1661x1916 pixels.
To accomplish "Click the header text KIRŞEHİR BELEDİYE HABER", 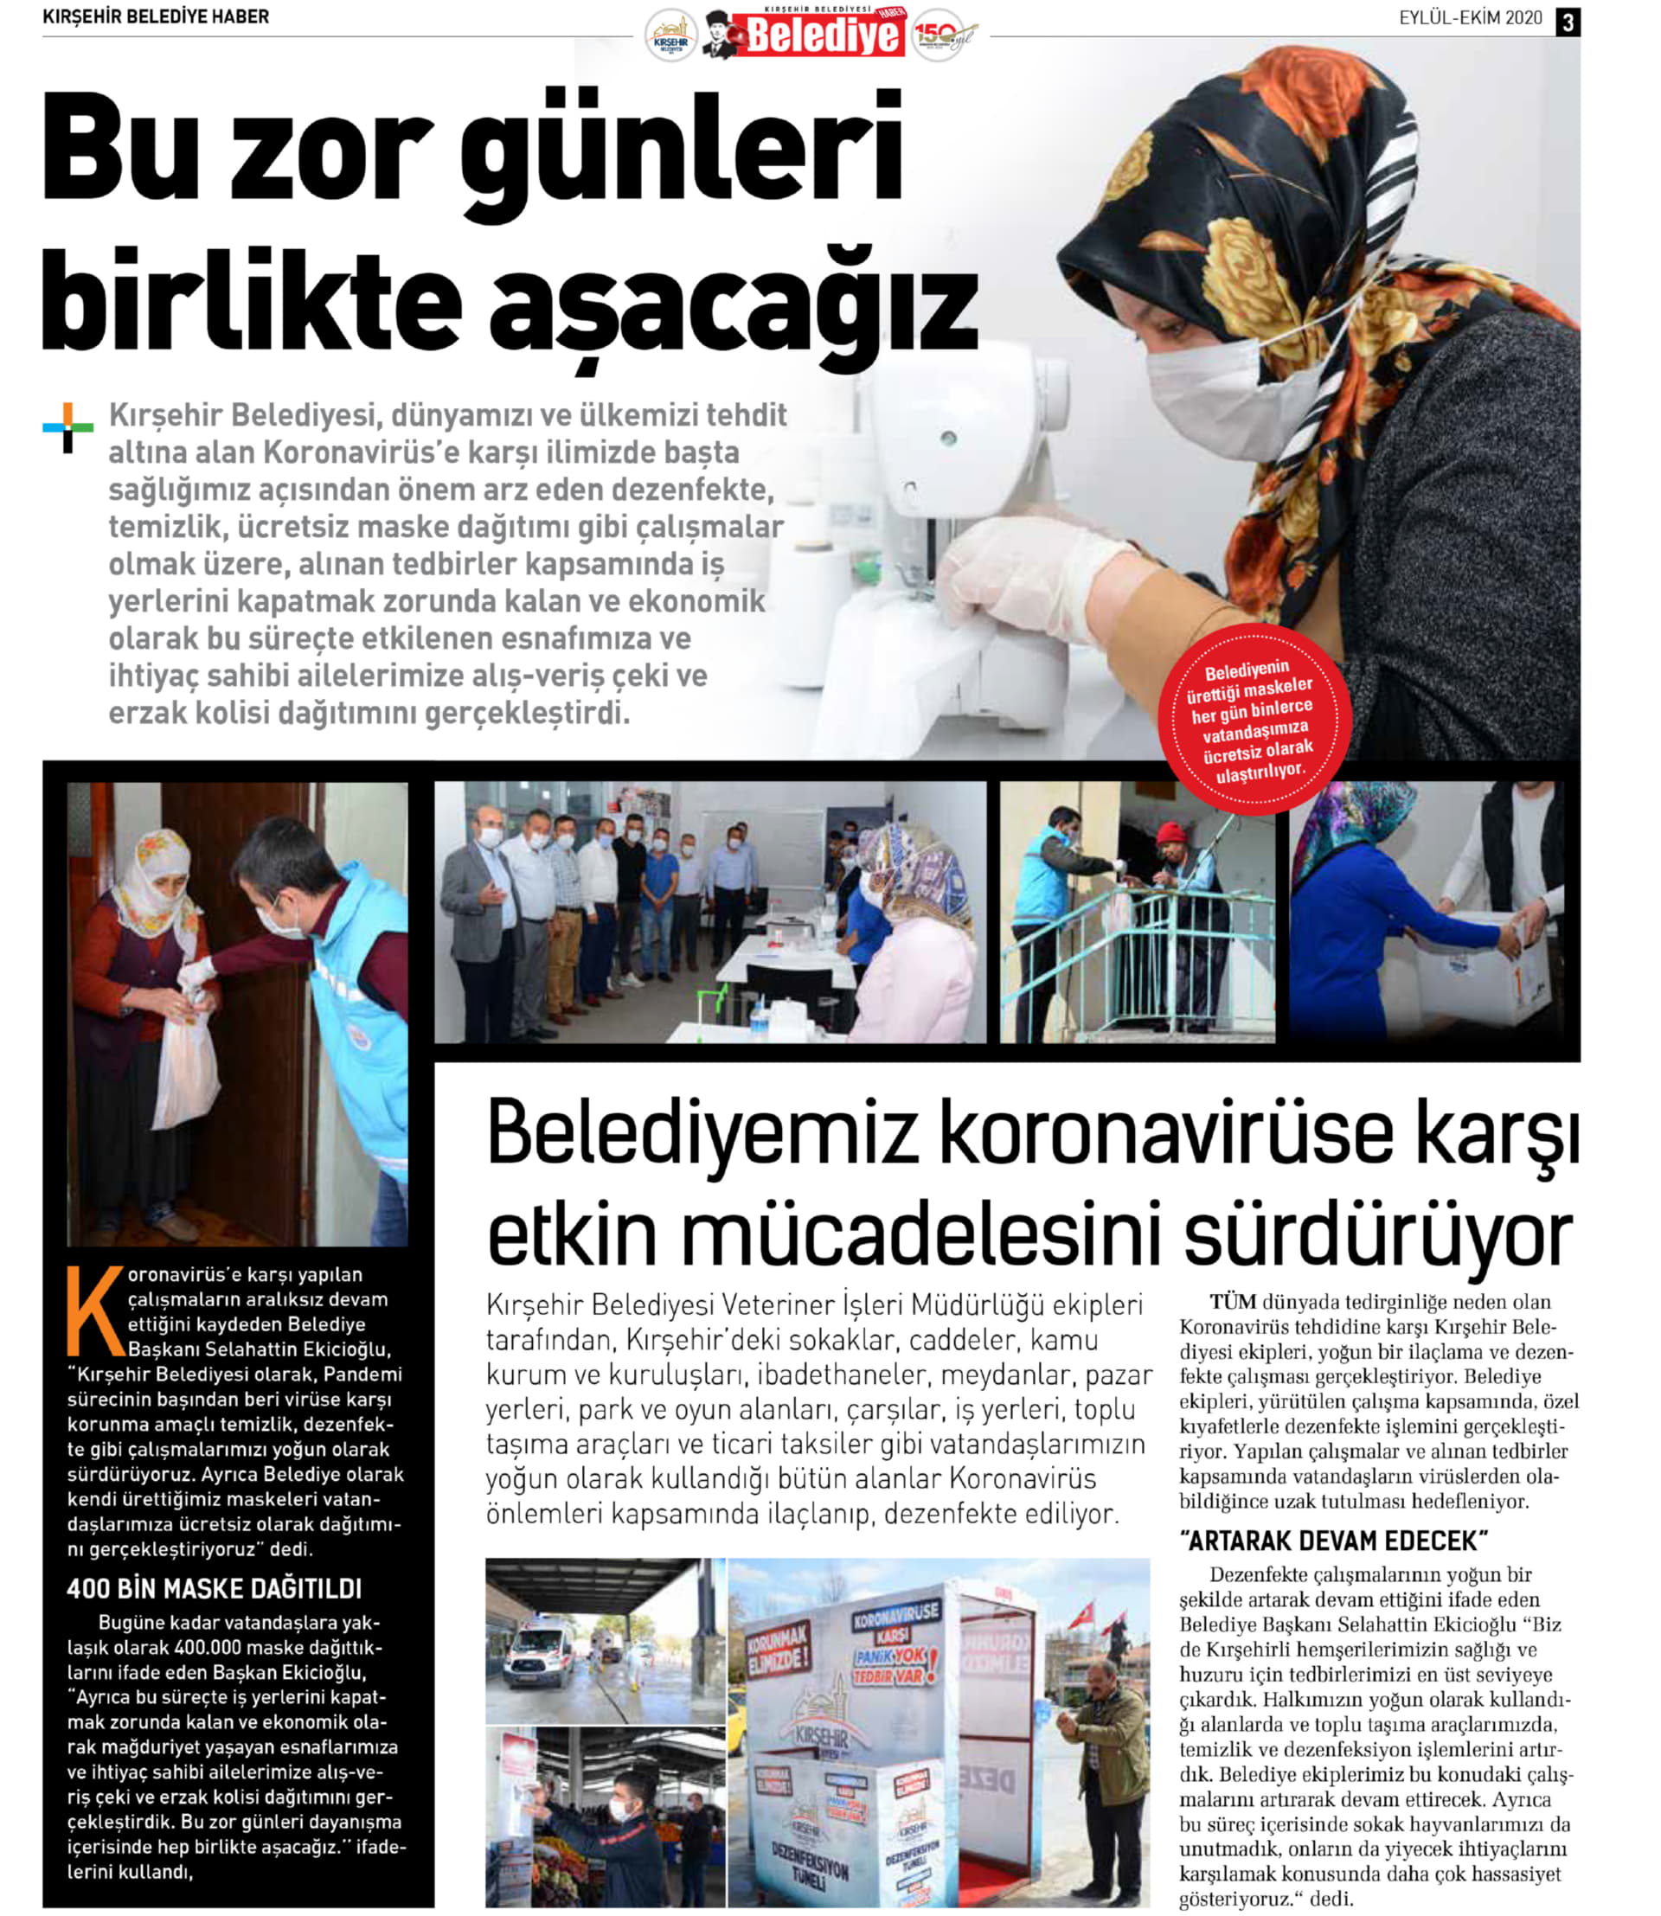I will click(x=156, y=16).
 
